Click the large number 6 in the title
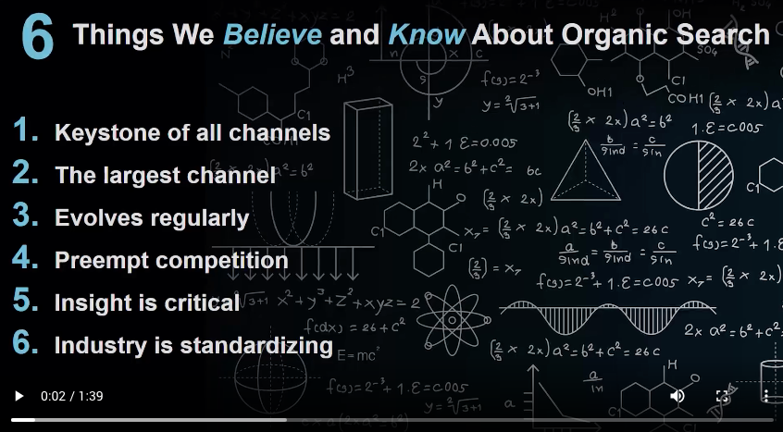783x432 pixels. pos(38,38)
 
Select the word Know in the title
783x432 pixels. pos(427,35)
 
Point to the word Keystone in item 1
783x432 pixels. pos(102,132)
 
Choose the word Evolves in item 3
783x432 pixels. pos(98,217)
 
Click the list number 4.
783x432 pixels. pos(26,259)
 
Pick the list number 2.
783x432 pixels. pos(26,174)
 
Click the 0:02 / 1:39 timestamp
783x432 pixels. pos(71,396)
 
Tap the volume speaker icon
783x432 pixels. pos(677,396)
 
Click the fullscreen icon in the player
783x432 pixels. pos(723,396)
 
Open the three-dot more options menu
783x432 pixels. pos(765,396)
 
